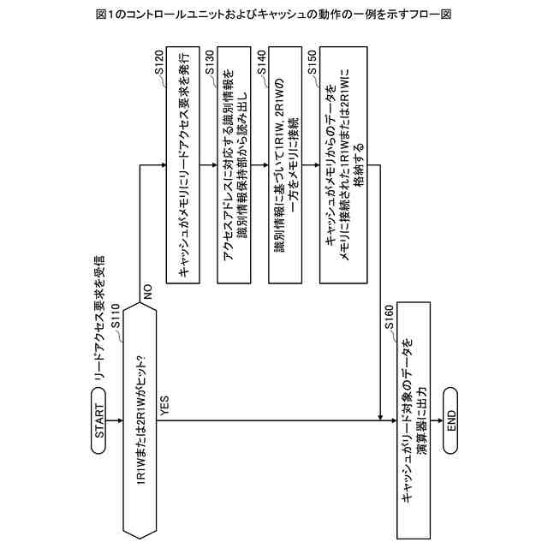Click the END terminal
click(x=450, y=420)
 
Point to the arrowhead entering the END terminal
click(x=437, y=420)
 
